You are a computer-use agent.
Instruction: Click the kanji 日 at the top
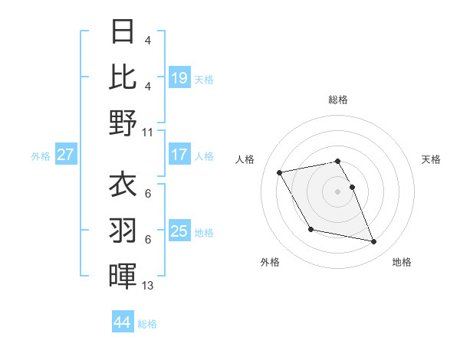coord(123,32)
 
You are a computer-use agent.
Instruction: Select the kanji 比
coord(123,77)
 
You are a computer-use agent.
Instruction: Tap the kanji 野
coord(123,123)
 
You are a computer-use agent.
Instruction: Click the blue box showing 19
coord(179,77)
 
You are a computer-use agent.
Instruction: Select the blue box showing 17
coord(179,155)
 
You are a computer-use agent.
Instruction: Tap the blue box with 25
coord(179,231)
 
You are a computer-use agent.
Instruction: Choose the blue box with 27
coord(66,155)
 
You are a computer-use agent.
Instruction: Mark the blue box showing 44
coord(123,322)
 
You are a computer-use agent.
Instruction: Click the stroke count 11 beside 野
coord(148,132)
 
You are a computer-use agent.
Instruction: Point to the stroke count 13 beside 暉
coord(148,286)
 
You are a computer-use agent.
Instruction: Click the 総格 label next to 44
coord(147,324)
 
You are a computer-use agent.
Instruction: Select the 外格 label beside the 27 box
coord(41,156)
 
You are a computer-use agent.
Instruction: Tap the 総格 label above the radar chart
coord(337,100)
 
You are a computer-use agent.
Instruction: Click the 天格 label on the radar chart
coord(432,159)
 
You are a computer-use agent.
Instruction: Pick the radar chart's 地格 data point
coord(374,242)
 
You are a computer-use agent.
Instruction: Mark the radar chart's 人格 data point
coord(280,173)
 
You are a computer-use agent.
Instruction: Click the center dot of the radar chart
coord(337,191)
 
